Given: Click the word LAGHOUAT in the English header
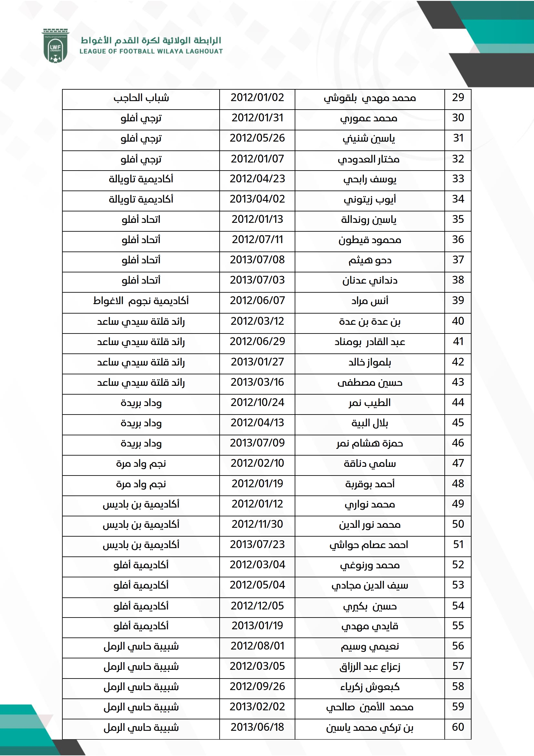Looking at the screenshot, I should coord(204,51).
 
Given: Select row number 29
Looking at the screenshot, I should coord(458,98).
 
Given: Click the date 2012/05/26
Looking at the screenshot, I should coord(257,138).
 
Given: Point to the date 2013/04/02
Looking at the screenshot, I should coord(257,199).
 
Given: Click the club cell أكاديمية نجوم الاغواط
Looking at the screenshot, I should coord(141,301).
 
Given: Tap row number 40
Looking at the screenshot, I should coord(458,321).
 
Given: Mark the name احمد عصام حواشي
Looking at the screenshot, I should coord(369,545).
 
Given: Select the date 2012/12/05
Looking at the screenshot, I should coord(257,606).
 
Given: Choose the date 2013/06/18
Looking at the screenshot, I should coord(257,727).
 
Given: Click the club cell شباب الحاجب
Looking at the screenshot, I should coord(141,98).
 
